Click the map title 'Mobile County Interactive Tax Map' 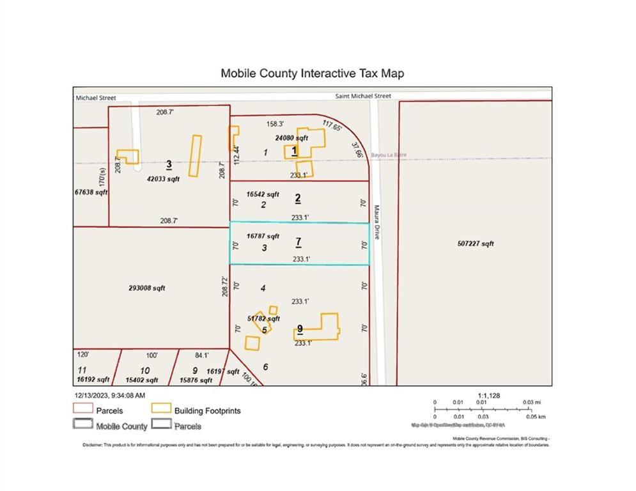[312, 74]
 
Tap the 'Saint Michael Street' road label [363, 97]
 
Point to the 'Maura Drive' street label [377, 221]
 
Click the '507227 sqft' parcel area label [476, 244]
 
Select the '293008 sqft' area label [146, 288]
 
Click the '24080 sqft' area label [291, 137]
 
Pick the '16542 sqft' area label [263, 194]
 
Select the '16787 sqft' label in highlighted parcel [263, 236]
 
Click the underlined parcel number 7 [298, 242]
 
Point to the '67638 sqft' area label [91, 192]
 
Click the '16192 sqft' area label [95, 380]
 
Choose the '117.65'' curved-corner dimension [332, 125]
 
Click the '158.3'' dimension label [275, 123]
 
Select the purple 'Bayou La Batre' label [389, 155]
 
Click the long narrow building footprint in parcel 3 [195, 152]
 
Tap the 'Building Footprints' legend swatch [161, 409]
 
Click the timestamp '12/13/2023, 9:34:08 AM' [111, 396]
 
